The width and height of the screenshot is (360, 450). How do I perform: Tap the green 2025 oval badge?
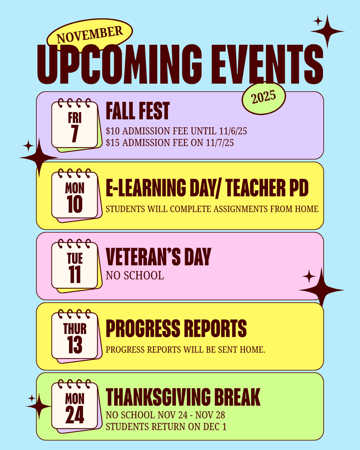(x=264, y=98)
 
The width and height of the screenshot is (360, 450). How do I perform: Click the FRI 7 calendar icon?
(x=75, y=125)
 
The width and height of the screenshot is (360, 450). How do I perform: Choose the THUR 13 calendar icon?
(x=75, y=336)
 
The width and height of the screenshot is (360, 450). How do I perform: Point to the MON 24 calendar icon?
(x=75, y=406)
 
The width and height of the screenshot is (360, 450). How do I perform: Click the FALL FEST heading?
(x=138, y=111)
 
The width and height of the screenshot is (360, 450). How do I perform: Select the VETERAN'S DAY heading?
(x=158, y=257)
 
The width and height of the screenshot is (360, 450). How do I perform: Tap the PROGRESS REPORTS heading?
(x=176, y=328)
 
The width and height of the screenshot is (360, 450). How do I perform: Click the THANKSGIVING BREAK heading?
(x=183, y=397)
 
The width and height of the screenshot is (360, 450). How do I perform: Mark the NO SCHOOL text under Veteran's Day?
(x=135, y=276)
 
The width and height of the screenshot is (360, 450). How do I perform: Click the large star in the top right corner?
(x=327, y=31)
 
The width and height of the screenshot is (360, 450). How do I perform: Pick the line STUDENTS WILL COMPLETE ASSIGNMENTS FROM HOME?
(x=212, y=209)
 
